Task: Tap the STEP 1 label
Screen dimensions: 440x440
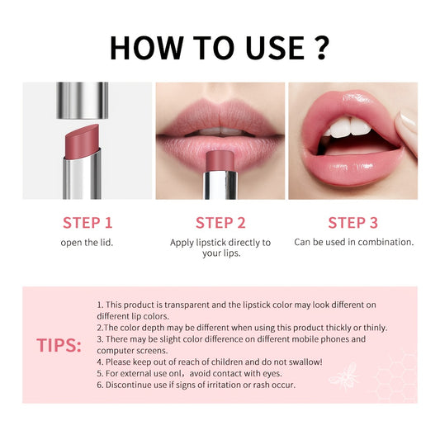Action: pos(88,222)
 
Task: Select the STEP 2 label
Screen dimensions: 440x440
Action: pos(220,222)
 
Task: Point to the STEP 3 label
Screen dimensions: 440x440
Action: pos(353,222)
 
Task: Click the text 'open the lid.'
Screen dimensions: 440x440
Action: pos(88,243)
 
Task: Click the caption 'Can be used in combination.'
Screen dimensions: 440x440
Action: pos(353,243)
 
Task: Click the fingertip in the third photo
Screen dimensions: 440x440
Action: pos(405,124)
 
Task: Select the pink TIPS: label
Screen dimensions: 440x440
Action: pos(59,345)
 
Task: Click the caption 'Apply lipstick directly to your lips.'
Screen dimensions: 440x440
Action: pos(220,248)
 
